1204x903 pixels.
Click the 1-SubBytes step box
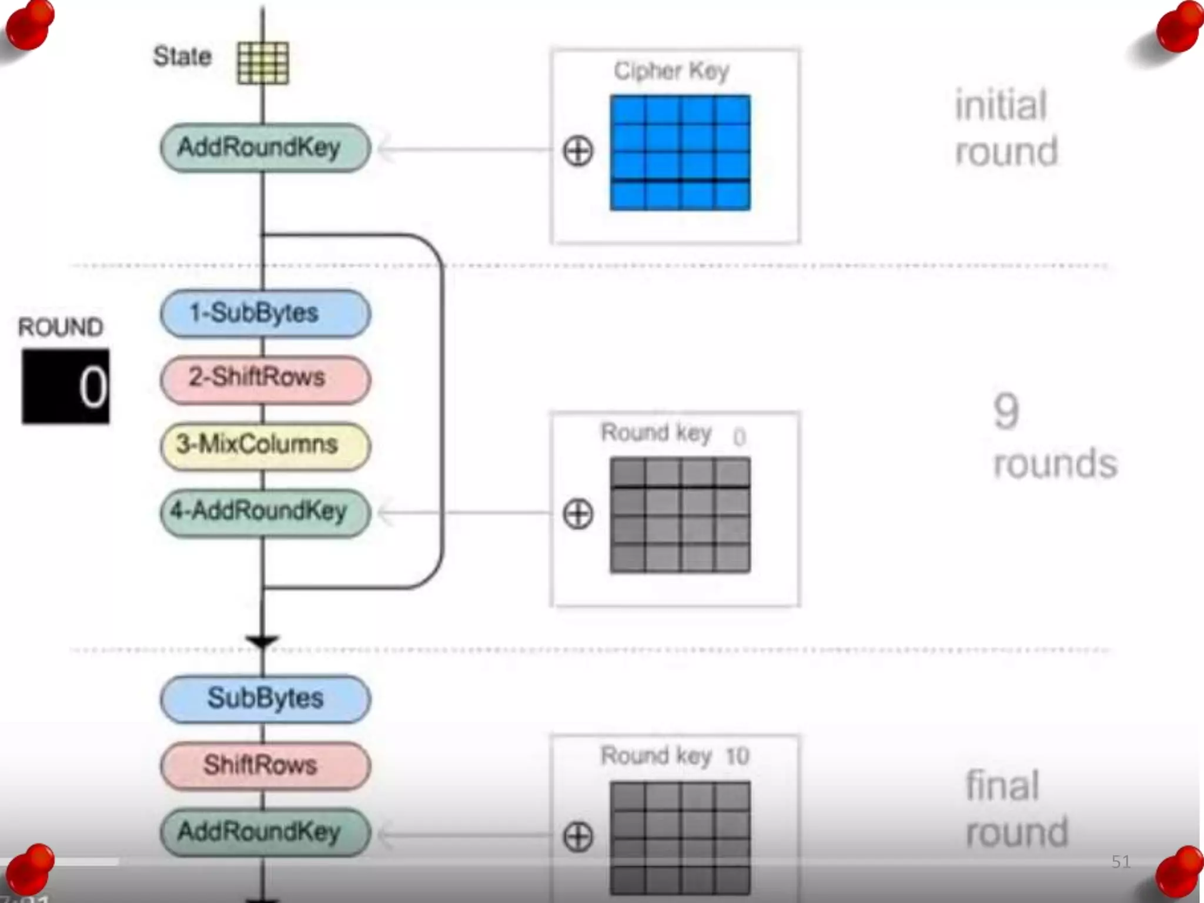point(265,313)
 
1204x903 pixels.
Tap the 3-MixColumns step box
point(265,446)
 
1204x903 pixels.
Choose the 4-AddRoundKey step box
point(265,512)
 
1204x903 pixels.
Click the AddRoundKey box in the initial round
point(265,148)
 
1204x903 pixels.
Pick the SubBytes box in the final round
point(265,699)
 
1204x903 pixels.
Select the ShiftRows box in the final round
point(265,765)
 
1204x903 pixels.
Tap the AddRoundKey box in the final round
point(265,832)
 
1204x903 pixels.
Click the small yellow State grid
point(263,63)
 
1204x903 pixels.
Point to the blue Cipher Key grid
point(680,152)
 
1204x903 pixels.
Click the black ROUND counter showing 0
point(65,386)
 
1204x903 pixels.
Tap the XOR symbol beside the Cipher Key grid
point(578,151)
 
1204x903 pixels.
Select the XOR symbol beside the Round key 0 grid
point(578,514)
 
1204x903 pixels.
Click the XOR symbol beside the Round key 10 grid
point(578,837)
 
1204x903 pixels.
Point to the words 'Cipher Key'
point(671,71)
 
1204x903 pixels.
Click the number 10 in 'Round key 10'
point(737,756)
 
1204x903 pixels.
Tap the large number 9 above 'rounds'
point(1006,412)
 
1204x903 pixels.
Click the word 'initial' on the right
point(1001,106)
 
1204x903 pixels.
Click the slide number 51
point(1121,862)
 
